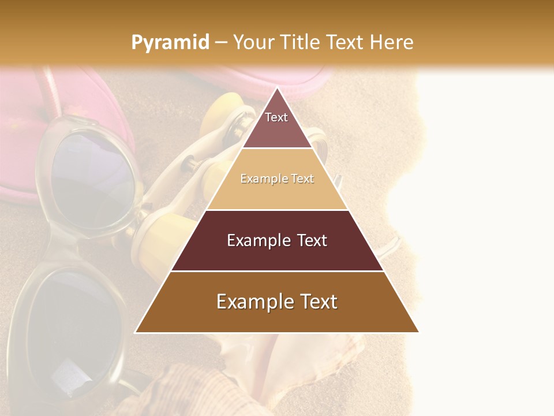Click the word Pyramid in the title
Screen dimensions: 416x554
[x=170, y=43]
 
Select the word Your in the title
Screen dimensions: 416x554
[x=255, y=43]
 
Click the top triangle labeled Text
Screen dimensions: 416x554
[x=276, y=124]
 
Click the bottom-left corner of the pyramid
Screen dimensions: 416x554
[x=136, y=332]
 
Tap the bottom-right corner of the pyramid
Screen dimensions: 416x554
[x=418, y=332]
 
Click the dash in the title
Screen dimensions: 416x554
[x=221, y=43]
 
